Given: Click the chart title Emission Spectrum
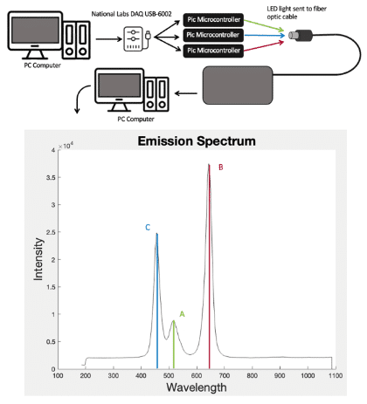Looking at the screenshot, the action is (197, 141).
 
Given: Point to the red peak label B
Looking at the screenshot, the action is (221, 168).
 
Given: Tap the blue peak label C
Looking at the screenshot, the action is (148, 228).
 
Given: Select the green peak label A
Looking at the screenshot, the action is (182, 314).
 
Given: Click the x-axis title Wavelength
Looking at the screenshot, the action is (197, 387).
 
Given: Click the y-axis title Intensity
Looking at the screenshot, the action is (38, 259).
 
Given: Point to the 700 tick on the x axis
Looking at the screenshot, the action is (225, 375).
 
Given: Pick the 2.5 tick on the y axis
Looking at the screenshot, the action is (51, 232).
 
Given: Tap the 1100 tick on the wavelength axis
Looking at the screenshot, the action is (336, 375).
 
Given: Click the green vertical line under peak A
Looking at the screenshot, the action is (174, 345).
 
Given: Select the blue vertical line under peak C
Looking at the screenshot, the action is (157, 301).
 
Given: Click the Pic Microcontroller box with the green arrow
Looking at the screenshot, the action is (213, 20).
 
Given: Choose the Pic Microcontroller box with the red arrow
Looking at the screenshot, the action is (213, 51).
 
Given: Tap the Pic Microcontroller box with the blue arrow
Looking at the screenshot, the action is (213, 35).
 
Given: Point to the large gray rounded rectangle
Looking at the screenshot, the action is (238, 86).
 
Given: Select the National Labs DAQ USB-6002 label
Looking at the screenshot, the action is (132, 14).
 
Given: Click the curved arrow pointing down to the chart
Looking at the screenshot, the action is (80, 98).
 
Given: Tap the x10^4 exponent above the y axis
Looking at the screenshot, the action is (66, 146).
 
